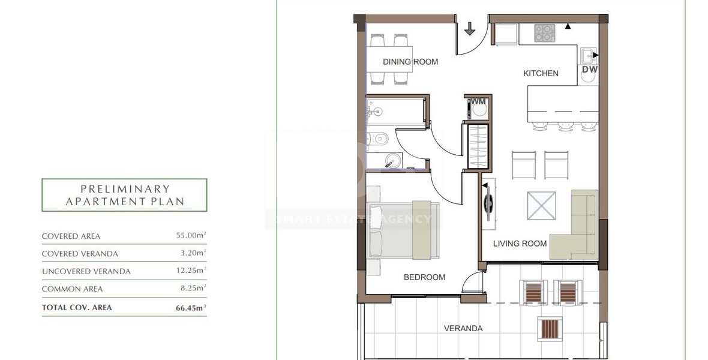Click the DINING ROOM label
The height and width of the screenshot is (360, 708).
(x=410, y=61)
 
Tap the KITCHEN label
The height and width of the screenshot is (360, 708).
(x=541, y=73)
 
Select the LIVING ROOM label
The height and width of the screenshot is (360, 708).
(x=520, y=243)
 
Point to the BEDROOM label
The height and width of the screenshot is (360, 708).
(x=424, y=277)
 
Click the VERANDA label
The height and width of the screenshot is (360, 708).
(x=463, y=328)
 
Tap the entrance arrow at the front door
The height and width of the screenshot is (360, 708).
(x=469, y=28)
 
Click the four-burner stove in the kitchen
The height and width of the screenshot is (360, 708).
(x=545, y=33)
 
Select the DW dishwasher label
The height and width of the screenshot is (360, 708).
(x=589, y=70)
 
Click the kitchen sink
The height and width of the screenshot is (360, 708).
(x=587, y=56)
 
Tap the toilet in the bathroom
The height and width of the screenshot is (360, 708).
(x=377, y=139)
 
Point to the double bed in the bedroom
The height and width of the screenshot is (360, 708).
(x=402, y=231)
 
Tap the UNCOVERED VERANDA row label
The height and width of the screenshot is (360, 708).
(x=86, y=271)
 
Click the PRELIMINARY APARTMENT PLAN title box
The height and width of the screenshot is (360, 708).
(x=124, y=195)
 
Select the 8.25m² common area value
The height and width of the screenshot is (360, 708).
(x=194, y=289)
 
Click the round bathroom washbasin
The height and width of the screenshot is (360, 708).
(x=392, y=160)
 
